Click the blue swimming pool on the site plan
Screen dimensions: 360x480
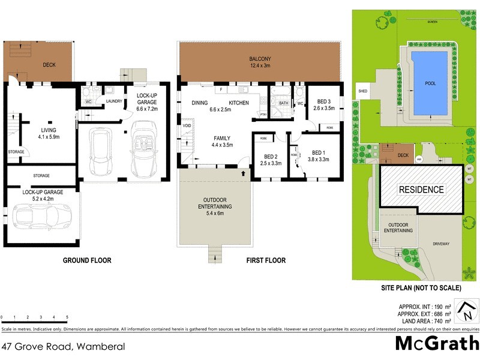pos(430,83)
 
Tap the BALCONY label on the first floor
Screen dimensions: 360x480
pos(260,59)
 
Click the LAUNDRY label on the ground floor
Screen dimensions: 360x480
pos(114,101)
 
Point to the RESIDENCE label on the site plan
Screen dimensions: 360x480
pos(422,190)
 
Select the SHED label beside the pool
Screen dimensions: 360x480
pos(362,91)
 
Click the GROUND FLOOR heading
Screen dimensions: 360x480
pos(87,260)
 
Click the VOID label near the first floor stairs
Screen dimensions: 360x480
pos(187,126)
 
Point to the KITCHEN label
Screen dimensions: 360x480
pos(238,103)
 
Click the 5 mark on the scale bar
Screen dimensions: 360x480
pos(67,317)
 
